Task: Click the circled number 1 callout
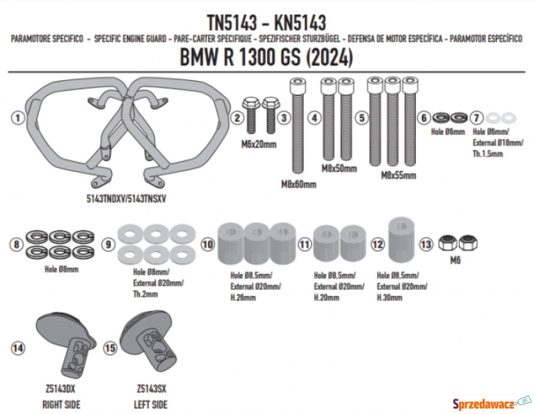(18, 118)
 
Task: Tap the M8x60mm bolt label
(298, 184)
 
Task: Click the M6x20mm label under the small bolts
(259, 144)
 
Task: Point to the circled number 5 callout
(361, 118)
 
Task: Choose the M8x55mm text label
(398, 176)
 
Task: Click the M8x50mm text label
(339, 168)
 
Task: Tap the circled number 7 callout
(477, 118)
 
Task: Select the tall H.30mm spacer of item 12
(402, 240)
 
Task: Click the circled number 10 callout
(208, 244)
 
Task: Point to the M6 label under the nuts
(455, 260)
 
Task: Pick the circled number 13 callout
(426, 244)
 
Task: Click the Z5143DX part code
(60, 389)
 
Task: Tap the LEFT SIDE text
(151, 405)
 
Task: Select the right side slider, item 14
(65, 345)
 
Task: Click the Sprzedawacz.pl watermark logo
(491, 404)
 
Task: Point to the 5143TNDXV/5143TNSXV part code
(126, 198)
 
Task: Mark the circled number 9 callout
(108, 244)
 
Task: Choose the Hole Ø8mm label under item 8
(61, 269)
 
